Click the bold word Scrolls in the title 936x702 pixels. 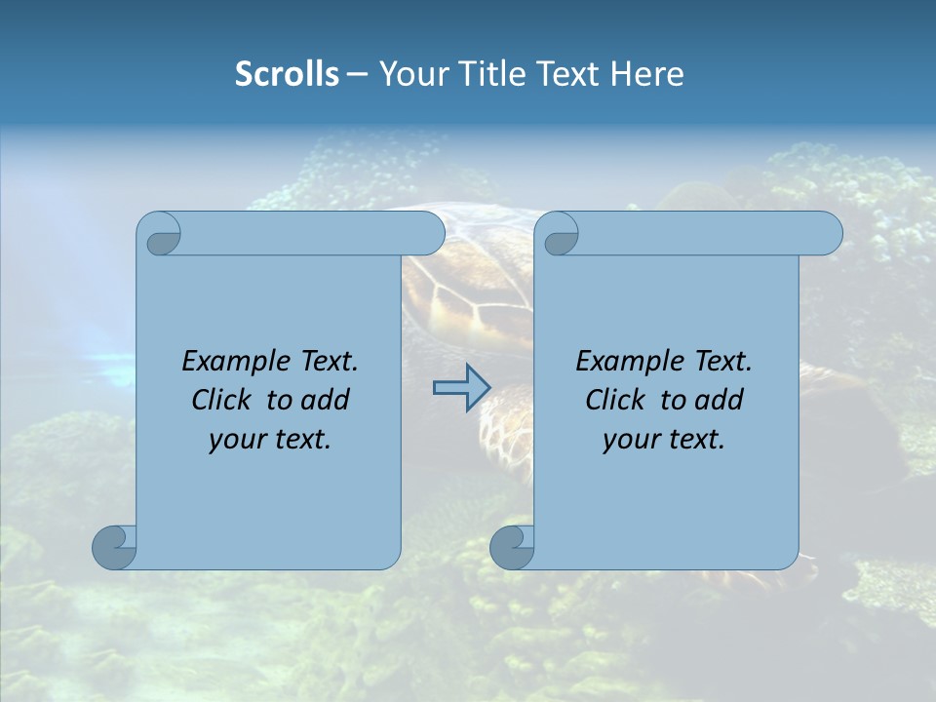[287, 74]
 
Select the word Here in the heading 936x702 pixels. [647, 74]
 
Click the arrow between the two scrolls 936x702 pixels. [461, 388]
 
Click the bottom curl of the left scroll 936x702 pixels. [115, 547]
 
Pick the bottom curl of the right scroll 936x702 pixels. [512, 547]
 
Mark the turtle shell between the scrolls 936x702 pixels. [468, 292]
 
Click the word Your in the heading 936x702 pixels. [407, 74]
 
